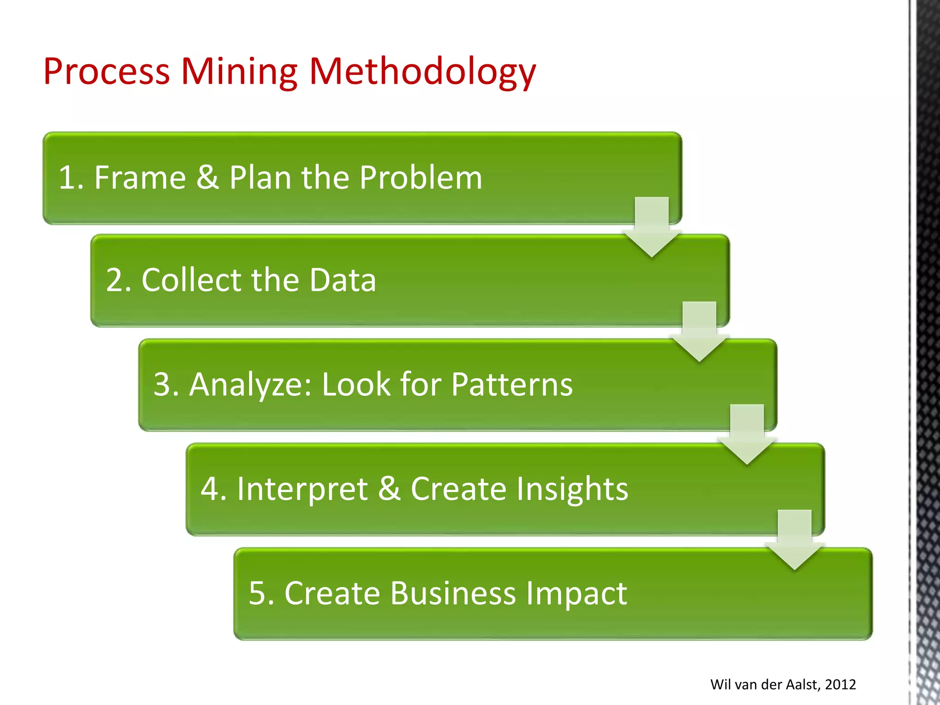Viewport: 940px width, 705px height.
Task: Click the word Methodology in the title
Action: click(x=422, y=73)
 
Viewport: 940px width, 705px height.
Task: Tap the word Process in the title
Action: click(x=106, y=73)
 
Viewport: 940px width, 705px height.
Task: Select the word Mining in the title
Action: click(x=239, y=73)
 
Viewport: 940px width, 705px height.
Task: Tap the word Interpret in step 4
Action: click(x=302, y=488)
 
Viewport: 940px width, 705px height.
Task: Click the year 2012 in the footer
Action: click(x=840, y=684)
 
